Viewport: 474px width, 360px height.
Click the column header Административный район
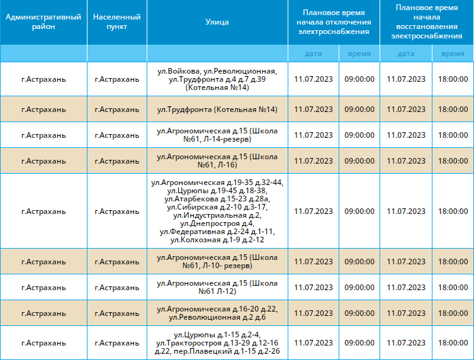tap(43, 22)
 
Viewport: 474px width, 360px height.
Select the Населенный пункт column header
tap(117, 22)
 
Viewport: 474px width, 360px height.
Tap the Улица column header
tap(217, 22)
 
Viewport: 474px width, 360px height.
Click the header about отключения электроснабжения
tap(334, 22)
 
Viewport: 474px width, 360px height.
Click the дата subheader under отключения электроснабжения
tap(313, 53)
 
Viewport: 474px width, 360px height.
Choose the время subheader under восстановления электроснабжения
tap(453, 53)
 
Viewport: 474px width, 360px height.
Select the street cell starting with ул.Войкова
tap(217, 79)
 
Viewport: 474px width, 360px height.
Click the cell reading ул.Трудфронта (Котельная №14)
tap(217, 110)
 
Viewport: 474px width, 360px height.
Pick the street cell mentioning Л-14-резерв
tap(217, 135)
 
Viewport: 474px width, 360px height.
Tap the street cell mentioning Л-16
tap(217, 160)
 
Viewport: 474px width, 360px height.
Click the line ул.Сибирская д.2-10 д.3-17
tap(217, 207)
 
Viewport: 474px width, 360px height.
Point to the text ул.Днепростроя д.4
tap(217, 223)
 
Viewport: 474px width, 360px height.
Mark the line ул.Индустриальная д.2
tap(217, 215)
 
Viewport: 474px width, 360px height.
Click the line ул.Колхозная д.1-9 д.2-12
tap(217, 240)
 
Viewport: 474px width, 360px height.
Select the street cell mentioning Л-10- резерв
tap(217, 261)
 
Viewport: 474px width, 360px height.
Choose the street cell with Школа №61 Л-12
tap(217, 287)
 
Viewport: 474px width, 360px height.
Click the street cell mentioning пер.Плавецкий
tap(217, 343)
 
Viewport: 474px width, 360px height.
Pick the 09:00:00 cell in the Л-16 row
tap(359, 160)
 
